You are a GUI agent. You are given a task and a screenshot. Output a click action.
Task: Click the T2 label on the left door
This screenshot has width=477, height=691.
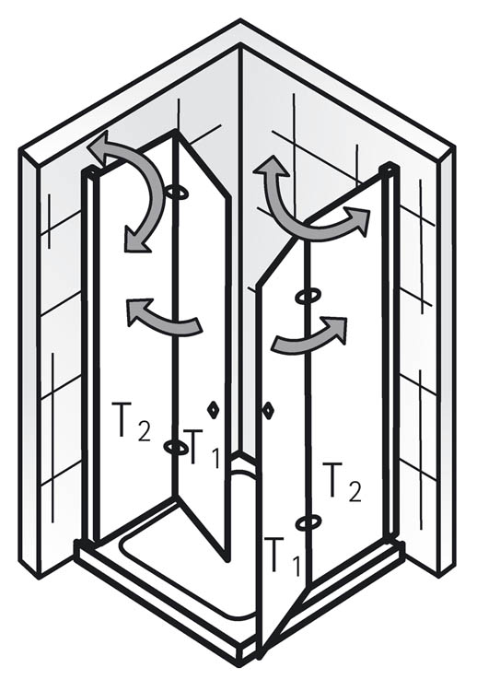[132, 422]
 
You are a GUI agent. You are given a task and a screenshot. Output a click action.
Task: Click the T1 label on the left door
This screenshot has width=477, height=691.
[201, 449]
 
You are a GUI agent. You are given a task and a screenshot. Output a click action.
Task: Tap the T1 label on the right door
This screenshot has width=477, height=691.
[284, 556]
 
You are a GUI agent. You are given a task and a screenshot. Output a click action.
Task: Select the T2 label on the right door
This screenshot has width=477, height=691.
[343, 482]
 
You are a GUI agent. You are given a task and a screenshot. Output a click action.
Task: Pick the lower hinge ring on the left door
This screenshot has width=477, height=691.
[175, 447]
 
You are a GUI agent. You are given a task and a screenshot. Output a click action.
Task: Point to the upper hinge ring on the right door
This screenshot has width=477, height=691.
[308, 297]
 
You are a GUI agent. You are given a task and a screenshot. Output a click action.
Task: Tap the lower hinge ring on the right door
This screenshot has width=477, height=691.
[308, 522]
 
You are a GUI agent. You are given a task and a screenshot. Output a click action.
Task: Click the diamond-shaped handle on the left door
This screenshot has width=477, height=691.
[213, 409]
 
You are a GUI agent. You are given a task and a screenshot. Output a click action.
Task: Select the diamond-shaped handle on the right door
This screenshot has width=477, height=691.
[268, 410]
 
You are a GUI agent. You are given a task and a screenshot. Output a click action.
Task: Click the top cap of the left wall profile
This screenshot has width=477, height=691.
[91, 170]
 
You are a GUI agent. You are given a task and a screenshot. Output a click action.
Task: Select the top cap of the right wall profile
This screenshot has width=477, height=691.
[390, 167]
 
